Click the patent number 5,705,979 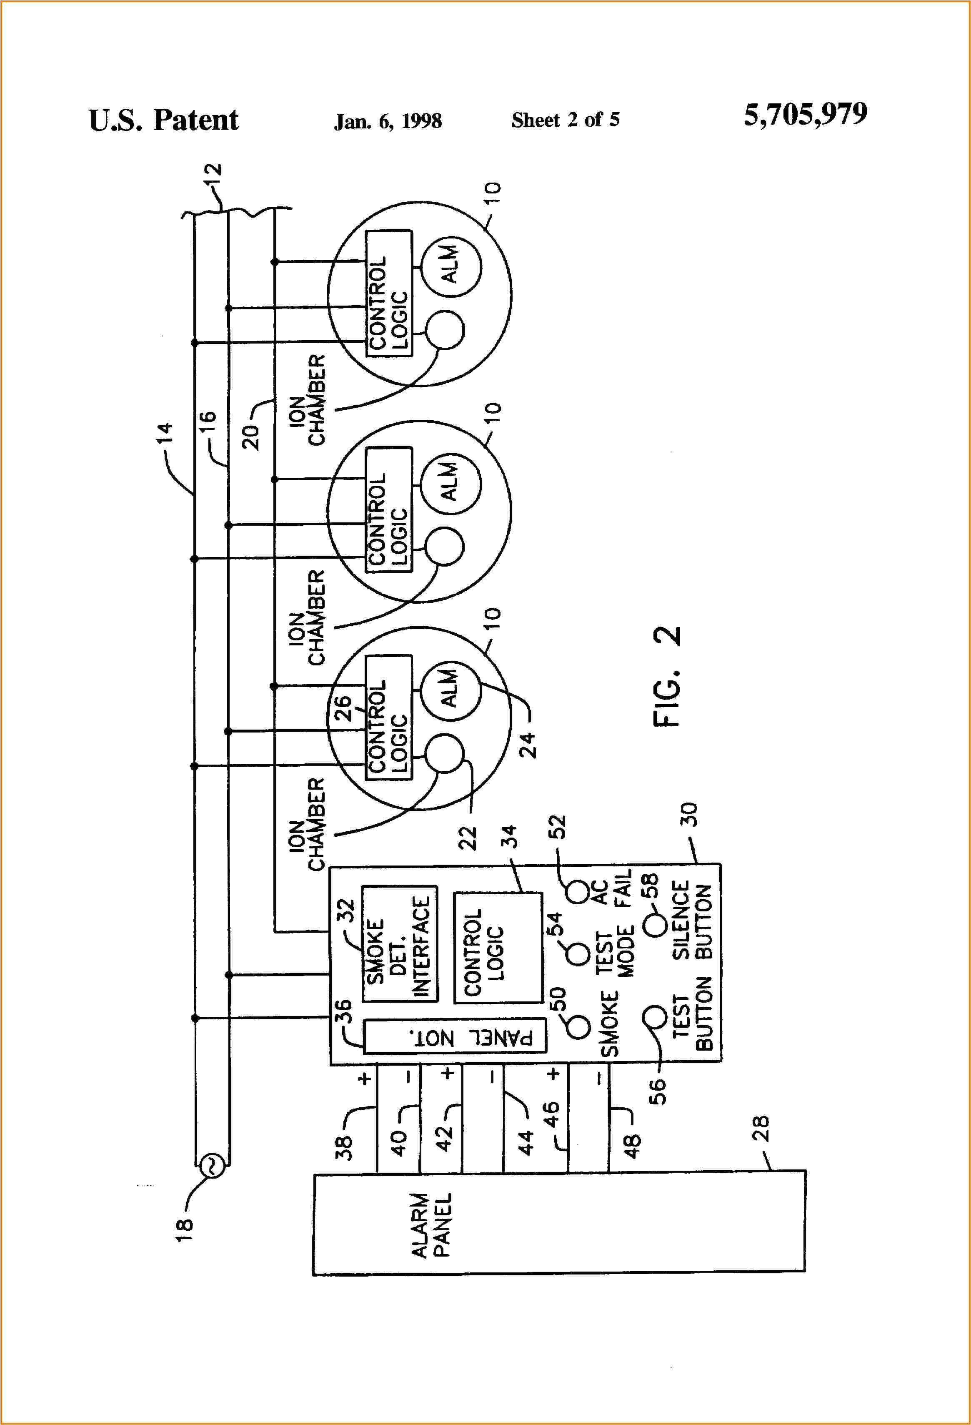[x=805, y=115]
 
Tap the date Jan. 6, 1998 [x=388, y=121]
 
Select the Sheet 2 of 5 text [x=565, y=120]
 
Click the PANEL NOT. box [x=454, y=1037]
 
